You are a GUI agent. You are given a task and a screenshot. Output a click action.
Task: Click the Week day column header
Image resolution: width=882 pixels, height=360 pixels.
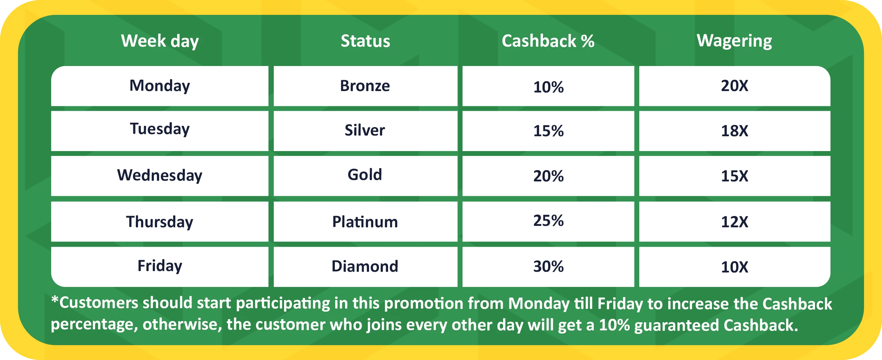coord(160,41)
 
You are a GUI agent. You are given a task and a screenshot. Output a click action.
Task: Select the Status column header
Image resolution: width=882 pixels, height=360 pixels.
coord(366,41)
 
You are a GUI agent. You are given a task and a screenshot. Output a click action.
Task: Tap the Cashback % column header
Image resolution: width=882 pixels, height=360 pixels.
coord(548,41)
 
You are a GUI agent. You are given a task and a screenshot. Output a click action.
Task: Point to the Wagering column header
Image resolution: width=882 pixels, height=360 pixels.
coord(735,41)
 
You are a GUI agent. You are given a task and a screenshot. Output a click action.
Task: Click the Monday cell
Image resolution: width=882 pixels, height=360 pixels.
coord(160,86)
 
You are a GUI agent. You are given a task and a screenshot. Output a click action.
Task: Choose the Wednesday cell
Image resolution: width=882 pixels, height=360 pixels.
coord(160,175)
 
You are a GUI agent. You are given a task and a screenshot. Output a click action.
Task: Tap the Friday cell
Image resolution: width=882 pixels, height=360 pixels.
coord(160,266)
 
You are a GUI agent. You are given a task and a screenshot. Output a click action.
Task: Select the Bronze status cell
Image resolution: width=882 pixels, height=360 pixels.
coord(365,86)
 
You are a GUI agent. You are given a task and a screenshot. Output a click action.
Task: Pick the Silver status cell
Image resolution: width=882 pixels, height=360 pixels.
coord(365,130)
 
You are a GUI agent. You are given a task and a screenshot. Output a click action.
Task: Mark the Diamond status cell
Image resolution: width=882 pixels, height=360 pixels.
coord(365,266)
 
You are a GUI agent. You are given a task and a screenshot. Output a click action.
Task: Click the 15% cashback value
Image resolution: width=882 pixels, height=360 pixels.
coord(549,131)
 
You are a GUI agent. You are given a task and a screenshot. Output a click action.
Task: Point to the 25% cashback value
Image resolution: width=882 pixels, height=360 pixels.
coord(549,221)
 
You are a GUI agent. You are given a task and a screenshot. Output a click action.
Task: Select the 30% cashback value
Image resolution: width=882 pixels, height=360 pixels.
coord(549,266)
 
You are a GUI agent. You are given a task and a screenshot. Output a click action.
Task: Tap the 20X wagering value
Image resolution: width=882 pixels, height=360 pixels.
coord(735,86)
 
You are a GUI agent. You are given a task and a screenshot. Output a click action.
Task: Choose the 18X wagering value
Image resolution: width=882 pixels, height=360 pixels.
coord(735,131)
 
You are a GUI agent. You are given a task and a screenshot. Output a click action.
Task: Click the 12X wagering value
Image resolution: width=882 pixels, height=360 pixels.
coord(735,222)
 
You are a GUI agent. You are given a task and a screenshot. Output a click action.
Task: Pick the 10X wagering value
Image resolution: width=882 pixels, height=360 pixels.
coord(735,267)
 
